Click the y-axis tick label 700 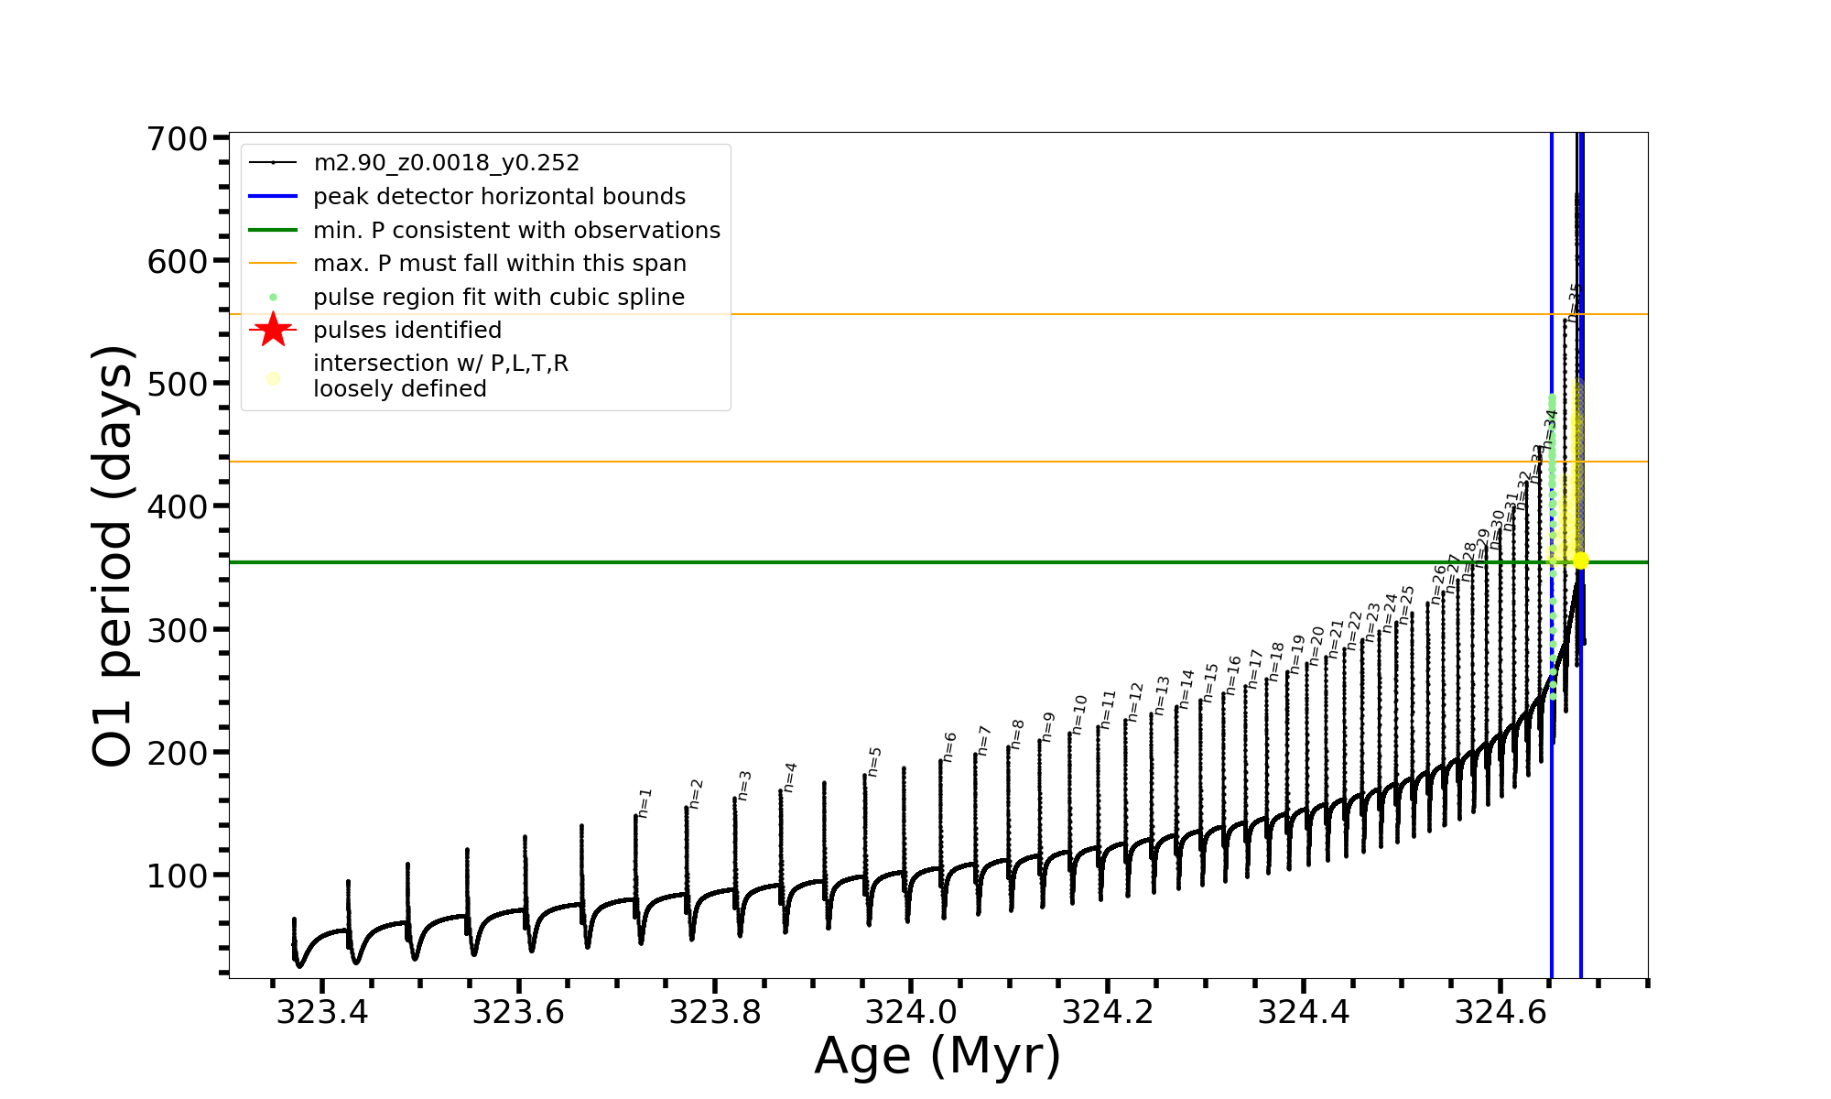pos(178,139)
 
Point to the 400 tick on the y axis pos(178,506)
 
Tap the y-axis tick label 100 pos(178,876)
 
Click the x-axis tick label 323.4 pos(321,1012)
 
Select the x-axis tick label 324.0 pos(911,1012)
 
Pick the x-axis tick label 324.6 pos(1500,1012)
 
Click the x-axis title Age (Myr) pos(937,1056)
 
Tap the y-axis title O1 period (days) pos(114,556)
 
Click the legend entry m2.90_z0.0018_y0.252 pos(446,163)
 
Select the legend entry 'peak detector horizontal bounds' pos(499,197)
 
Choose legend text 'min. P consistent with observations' pos(516,231)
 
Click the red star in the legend pos(273,330)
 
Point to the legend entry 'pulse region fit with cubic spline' pos(498,298)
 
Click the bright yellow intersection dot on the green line pos(1580,560)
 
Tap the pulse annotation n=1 pos(645,802)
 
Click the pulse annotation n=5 pos(874,761)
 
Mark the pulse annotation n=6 pos(949,746)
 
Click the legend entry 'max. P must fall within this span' pos(499,264)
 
